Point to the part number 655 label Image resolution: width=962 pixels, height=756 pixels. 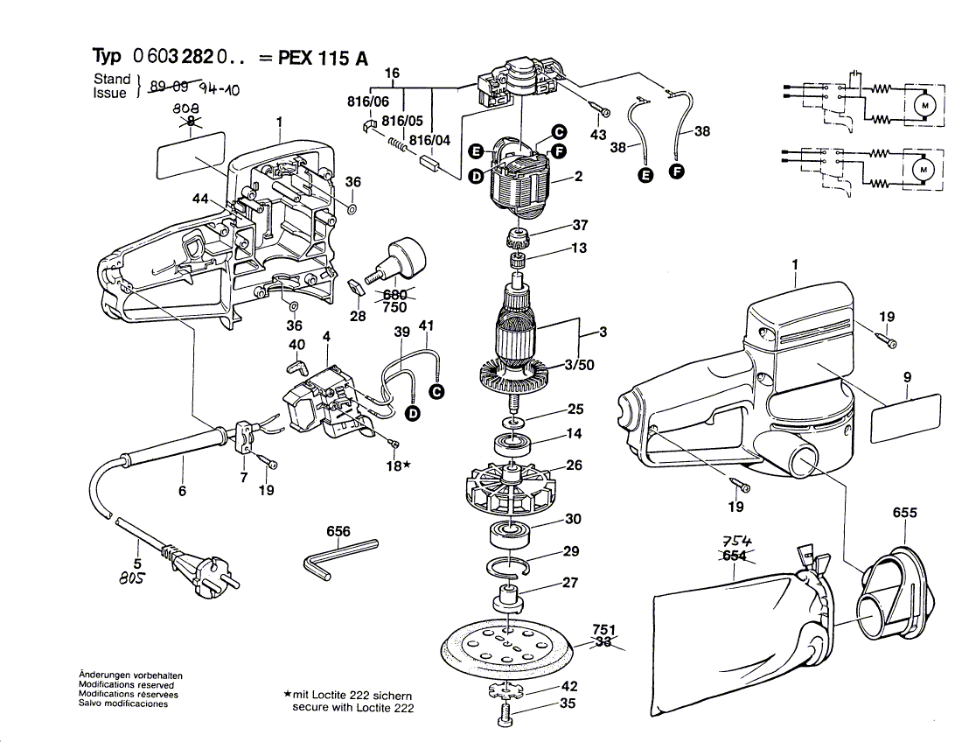pos(904,512)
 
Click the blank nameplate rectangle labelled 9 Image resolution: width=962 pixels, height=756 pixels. pos(906,415)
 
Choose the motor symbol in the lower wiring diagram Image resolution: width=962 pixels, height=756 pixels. pos(921,166)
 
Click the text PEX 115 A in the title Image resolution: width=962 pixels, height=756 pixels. pos(323,59)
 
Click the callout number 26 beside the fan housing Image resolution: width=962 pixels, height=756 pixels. pos(574,465)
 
